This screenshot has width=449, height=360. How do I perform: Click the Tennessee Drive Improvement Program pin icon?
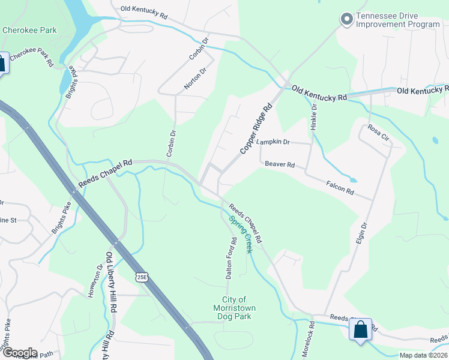[x=346, y=20]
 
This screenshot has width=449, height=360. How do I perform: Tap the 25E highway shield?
[x=141, y=277]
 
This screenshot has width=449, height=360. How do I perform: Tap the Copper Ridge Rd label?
[x=256, y=128]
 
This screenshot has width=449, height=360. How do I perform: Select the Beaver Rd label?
[x=280, y=164]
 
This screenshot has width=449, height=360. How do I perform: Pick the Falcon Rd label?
[x=340, y=188]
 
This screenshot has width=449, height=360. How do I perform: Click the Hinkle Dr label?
[x=313, y=117]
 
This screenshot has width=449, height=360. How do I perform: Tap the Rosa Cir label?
[x=378, y=133]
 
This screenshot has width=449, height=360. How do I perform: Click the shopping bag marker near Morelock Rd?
[x=360, y=329]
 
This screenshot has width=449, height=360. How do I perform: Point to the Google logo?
[x=19, y=353]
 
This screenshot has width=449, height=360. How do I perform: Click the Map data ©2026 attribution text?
[x=423, y=355]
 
